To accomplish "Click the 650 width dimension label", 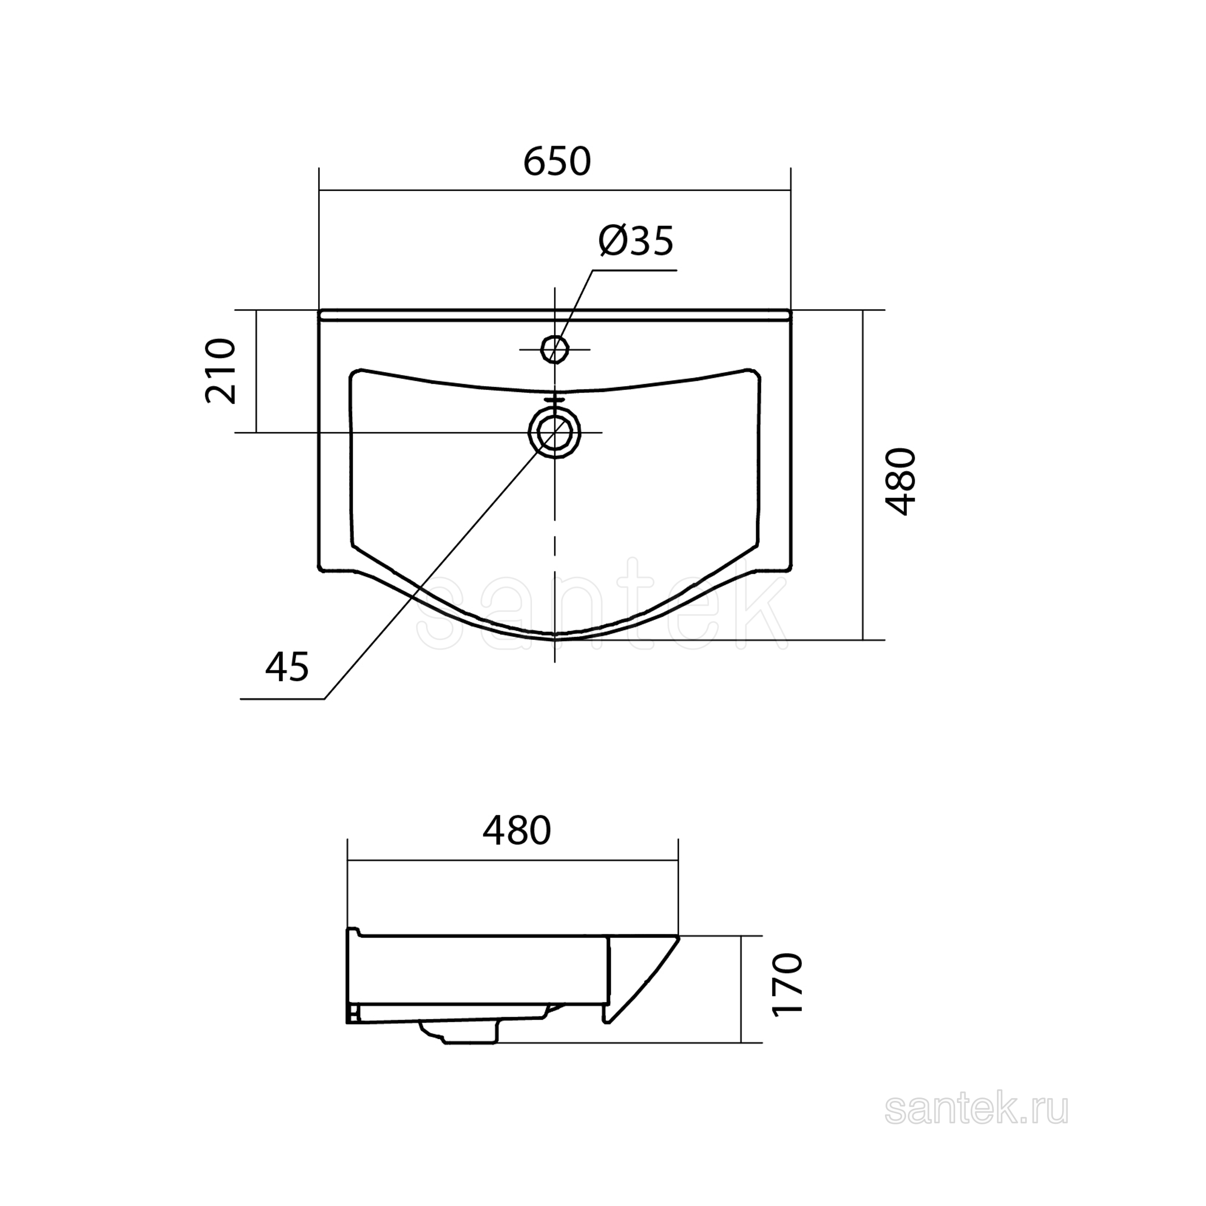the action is coord(557,161).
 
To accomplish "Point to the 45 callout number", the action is coord(287,666).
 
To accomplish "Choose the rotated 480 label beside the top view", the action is coord(900,481).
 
